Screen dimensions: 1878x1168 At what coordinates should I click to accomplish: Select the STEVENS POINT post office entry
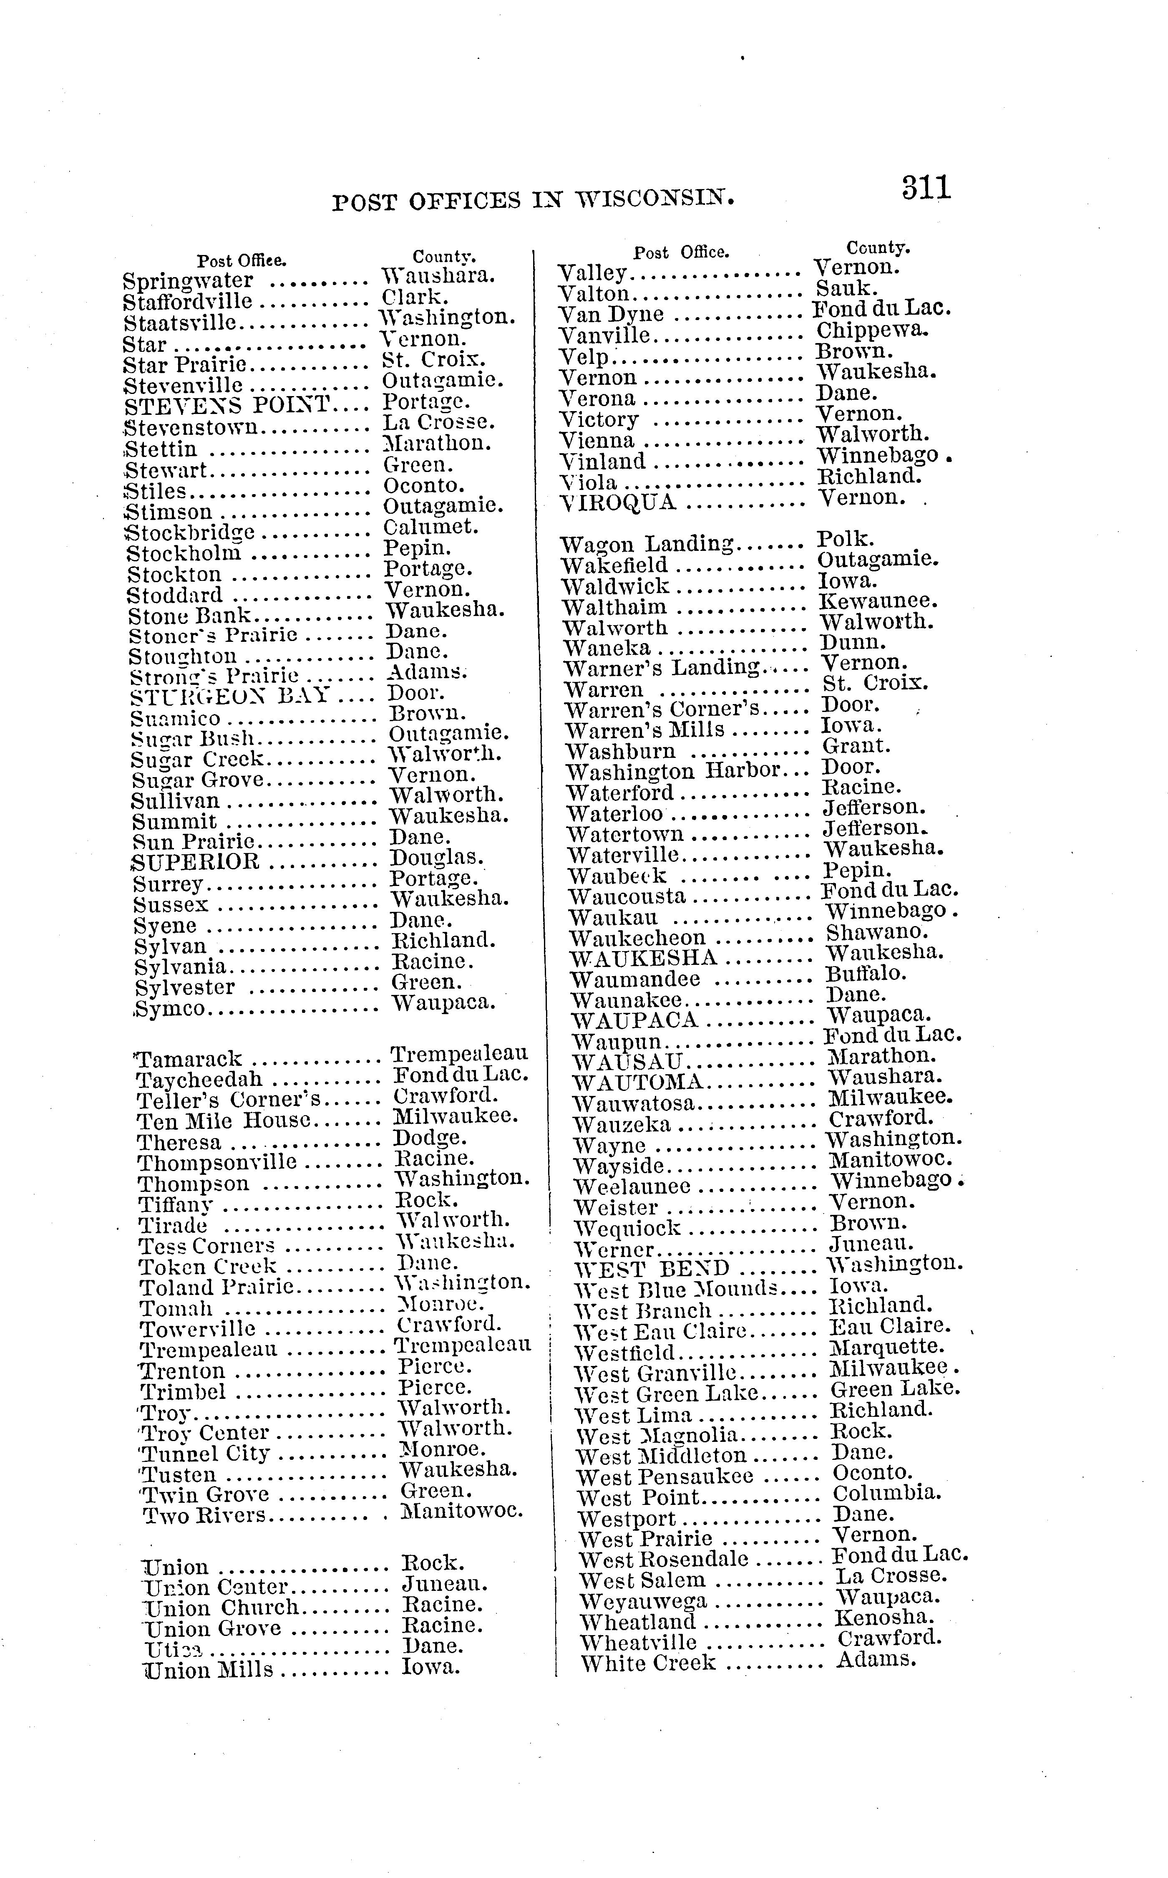tap(227, 405)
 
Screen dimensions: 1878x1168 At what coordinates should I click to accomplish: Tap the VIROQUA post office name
tap(617, 503)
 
